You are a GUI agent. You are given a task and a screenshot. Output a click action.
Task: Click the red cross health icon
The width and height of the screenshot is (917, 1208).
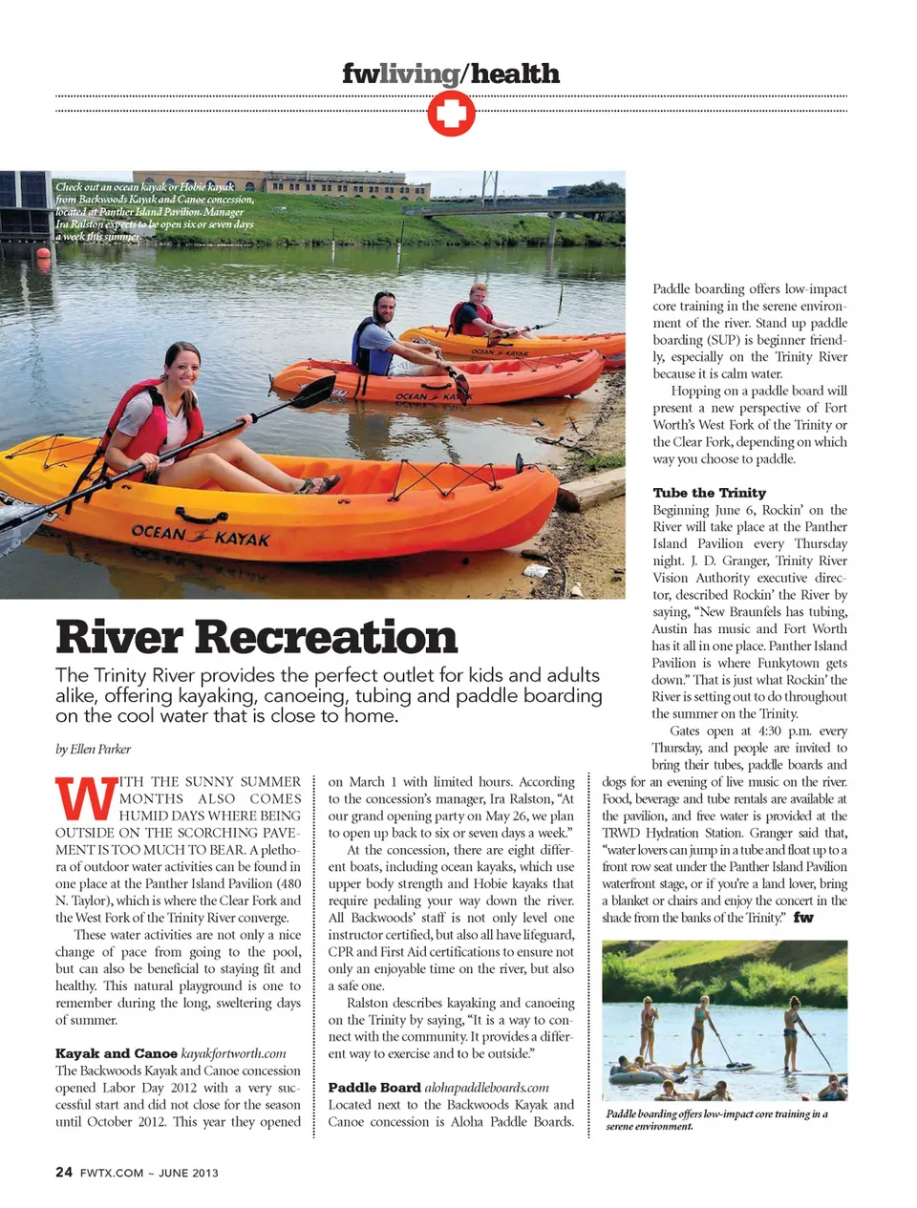pos(451,115)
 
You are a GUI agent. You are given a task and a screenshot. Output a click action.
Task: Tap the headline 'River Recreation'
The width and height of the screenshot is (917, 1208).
pos(256,637)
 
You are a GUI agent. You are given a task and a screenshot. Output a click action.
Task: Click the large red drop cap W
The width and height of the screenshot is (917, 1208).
pos(85,798)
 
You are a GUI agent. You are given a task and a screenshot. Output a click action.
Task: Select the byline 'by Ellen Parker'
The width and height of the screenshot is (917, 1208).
pos(93,749)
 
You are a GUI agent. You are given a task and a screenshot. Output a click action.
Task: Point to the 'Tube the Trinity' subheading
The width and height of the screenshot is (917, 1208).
pos(709,493)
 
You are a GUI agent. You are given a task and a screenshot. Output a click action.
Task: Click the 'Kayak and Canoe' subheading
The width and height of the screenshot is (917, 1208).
pos(116,1053)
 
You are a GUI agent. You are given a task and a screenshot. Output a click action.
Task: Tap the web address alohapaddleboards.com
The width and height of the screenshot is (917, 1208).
pos(486,1088)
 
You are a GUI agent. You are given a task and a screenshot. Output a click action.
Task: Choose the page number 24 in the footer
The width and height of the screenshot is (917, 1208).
pos(64,1173)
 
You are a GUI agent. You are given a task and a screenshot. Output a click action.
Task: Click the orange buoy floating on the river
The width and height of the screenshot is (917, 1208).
pos(42,254)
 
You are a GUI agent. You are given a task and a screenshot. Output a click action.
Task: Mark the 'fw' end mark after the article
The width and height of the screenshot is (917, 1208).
pos(803,918)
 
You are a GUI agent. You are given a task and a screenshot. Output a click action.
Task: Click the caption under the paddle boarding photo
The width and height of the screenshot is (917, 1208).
pos(716,1120)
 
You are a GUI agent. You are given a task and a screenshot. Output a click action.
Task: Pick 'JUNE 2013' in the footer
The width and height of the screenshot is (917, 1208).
pos(188,1174)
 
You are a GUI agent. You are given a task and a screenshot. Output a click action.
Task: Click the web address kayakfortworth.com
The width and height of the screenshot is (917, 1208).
pos(233,1053)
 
